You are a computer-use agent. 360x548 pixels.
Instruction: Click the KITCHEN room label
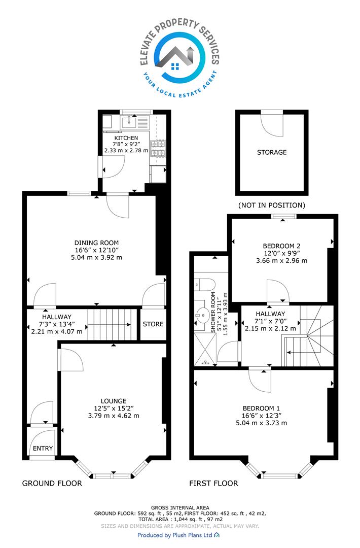pyautogui.click(x=126, y=138)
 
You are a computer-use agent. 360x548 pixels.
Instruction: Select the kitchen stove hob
pyautogui.click(x=158, y=149)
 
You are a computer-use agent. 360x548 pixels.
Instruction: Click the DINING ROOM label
pyautogui.click(x=96, y=243)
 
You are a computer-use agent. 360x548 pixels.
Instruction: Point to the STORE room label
pyautogui.click(x=153, y=324)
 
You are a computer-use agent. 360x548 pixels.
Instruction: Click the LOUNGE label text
pyautogui.click(x=114, y=401)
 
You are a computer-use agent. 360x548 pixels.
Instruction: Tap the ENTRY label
pyautogui.click(x=43, y=449)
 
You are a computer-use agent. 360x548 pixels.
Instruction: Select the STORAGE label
pyautogui.click(x=272, y=152)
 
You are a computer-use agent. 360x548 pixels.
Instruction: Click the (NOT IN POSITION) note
pyautogui.click(x=272, y=205)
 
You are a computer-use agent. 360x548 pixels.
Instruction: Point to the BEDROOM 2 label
pyautogui.click(x=281, y=246)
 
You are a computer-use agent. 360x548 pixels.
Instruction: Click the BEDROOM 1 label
pyautogui.click(x=261, y=408)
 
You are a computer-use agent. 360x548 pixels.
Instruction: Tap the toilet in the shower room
pyautogui.click(x=205, y=285)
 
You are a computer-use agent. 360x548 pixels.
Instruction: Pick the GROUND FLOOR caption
pyautogui.click(x=52, y=484)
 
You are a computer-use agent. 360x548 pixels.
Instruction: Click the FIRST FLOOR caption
pyautogui.click(x=213, y=484)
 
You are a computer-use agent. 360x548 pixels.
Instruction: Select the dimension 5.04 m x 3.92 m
pyautogui.click(x=96, y=258)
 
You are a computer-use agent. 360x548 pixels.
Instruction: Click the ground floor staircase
pyautogui.click(x=112, y=324)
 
